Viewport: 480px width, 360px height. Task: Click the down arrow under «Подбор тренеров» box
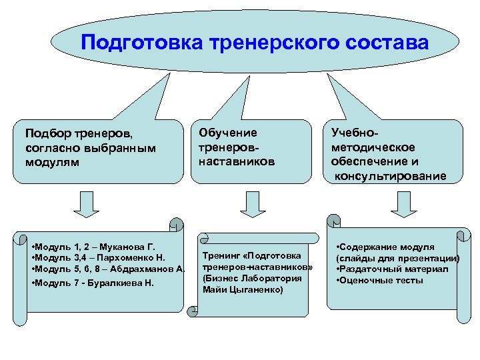coord(85,204)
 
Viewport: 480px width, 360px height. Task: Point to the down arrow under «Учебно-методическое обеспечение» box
coord(403,204)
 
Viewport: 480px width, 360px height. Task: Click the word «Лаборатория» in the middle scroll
coord(269,279)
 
